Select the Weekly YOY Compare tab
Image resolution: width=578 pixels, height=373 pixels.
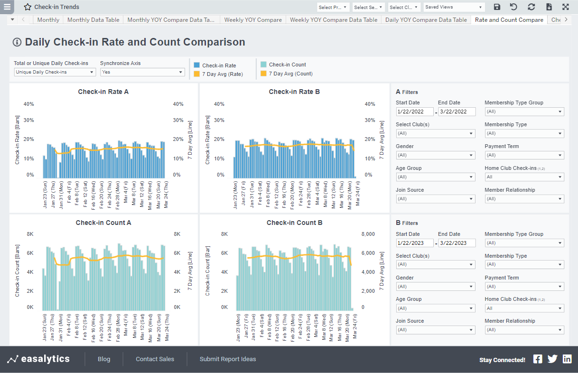[x=252, y=20]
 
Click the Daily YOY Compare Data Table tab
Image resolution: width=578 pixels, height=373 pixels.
[x=426, y=20]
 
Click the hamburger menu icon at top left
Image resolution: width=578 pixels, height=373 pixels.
[x=7, y=7]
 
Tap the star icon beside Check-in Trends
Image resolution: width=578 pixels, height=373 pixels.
[x=28, y=7]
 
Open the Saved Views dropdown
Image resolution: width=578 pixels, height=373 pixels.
[x=454, y=7]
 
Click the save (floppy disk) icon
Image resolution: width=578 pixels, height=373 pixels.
[x=497, y=7]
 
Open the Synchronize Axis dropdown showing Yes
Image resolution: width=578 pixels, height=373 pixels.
[x=142, y=72]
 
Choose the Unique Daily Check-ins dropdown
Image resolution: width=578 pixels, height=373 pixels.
[x=55, y=72]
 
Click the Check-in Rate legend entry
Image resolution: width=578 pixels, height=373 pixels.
[x=219, y=65]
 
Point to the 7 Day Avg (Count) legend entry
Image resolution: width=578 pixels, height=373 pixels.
[x=290, y=74]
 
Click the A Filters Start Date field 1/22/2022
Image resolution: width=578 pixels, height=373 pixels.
[x=415, y=112]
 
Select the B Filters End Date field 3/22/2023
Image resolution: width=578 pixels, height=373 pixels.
[x=457, y=243]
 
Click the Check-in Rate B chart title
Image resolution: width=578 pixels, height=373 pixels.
[x=294, y=92]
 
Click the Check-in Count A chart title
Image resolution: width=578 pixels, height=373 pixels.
[x=103, y=223]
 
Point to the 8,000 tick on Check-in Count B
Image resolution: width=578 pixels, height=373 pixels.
[x=368, y=234]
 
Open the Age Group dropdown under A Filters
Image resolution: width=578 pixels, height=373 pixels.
[x=435, y=177]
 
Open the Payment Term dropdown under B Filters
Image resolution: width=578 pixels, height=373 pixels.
[x=524, y=287]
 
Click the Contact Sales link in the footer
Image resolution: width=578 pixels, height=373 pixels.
[x=155, y=359]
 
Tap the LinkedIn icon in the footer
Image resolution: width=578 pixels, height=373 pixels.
[x=567, y=359]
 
